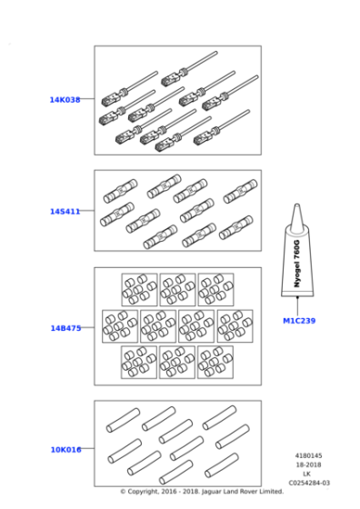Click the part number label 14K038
pos(65,99)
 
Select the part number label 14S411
pos(65,211)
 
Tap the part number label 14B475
pos(65,327)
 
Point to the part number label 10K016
pos(65,448)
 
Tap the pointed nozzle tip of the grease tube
pos(296,208)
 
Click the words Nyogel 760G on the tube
pos(297,264)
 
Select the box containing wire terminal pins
pos(177,100)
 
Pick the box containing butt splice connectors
pos(177,210)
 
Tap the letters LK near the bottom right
pos(309,475)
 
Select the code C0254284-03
pos(309,484)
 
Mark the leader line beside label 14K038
pos(87,99)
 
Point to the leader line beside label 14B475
pos(87,327)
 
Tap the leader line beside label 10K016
pos(87,448)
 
